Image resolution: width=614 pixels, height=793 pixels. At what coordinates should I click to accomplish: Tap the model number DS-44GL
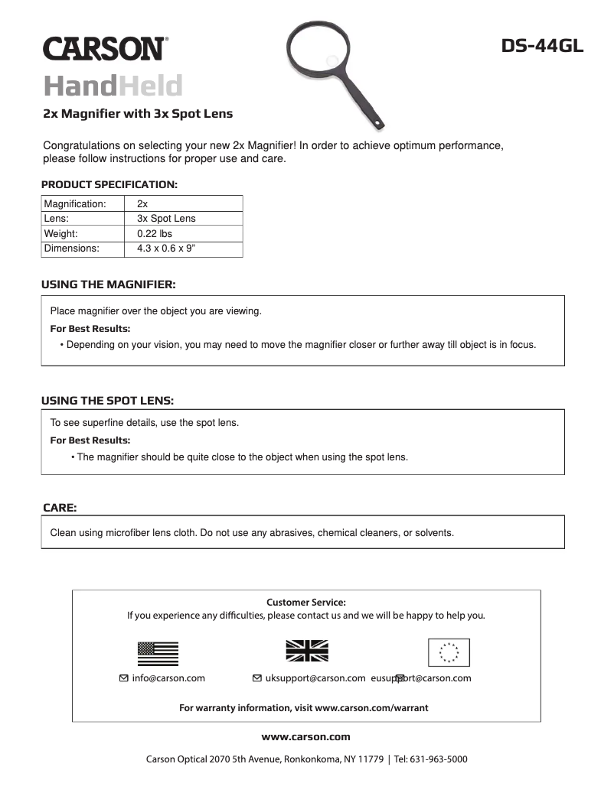pyautogui.click(x=543, y=46)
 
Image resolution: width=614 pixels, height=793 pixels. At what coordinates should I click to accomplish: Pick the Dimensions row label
pyautogui.click(x=72, y=249)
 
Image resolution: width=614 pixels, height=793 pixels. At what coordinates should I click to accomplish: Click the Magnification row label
pyautogui.click(x=75, y=204)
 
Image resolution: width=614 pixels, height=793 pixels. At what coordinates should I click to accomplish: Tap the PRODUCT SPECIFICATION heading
pyautogui.click(x=109, y=184)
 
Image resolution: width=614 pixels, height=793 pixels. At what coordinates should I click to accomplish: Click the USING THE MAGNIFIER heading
pyautogui.click(x=109, y=284)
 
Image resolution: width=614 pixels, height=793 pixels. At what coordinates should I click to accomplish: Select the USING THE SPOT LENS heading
pyautogui.click(x=108, y=400)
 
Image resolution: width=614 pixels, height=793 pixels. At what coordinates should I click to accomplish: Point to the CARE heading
pyautogui.click(x=60, y=507)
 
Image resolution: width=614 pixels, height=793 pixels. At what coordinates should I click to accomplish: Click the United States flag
pyautogui.click(x=158, y=653)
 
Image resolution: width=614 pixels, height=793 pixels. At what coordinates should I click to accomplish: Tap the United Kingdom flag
pyautogui.click(x=306, y=651)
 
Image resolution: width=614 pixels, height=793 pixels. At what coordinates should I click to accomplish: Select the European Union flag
pyautogui.click(x=449, y=652)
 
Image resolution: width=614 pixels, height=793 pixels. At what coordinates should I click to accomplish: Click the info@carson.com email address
pyautogui.click(x=168, y=678)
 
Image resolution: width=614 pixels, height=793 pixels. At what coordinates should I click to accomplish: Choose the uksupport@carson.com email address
pyautogui.click(x=314, y=678)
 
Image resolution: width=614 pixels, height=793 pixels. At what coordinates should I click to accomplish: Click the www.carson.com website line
pyautogui.click(x=306, y=737)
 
